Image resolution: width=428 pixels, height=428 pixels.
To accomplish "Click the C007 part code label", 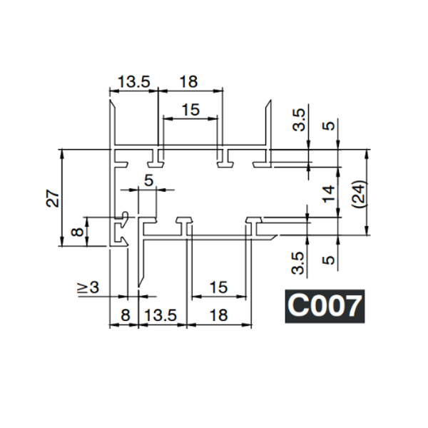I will [x=325, y=306].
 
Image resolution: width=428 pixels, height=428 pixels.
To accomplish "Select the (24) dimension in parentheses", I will [x=358, y=193].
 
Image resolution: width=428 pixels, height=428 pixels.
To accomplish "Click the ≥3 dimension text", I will [x=88, y=287].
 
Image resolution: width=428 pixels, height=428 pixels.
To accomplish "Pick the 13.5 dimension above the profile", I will [x=133, y=82].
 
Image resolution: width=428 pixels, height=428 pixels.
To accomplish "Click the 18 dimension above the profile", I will [x=188, y=82].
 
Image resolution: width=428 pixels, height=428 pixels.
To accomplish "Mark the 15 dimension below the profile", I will [x=218, y=287].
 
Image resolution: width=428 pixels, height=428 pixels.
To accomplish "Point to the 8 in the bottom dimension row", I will [x=125, y=313].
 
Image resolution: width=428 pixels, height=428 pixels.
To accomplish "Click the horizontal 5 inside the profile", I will [x=148, y=180].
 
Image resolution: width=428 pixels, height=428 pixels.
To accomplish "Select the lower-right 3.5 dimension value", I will [x=300, y=262].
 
